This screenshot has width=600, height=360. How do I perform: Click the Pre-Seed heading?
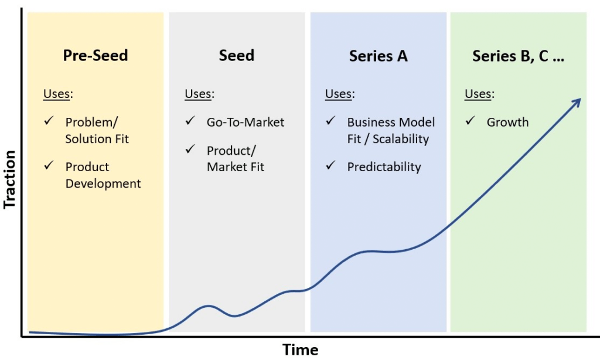pyautogui.click(x=96, y=56)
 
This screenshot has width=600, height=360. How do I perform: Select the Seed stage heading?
pyautogui.click(x=237, y=56)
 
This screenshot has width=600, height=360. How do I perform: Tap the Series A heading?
pyautogui.click(x=378, y=56)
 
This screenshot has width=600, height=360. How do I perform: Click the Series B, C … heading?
pyautogui.click(x=518, y=56)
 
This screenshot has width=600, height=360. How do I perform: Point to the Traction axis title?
pyautogui.click(x=9, y=179)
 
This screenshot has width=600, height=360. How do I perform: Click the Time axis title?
pyautogui.click(x=301, y=350)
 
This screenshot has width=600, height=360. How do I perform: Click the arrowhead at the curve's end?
pyautogui.click(x=577, y=101)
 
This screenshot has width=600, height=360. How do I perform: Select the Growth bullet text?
pyautogui.click(x=507, y=123)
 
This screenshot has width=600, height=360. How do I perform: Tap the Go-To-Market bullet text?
pyautogui.click(x=245, y=123)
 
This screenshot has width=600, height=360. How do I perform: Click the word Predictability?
pyautogui.click(x=384, y=167)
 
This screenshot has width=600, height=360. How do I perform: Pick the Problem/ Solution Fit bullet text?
pyautogui.click(x=97, y=131)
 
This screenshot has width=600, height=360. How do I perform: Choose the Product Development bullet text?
pyautogui.click(x=103, y=175)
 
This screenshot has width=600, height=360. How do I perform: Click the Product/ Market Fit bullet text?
pyautogui.click(x=235, y=159)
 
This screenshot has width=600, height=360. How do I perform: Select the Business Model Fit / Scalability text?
pyautogui.click(x=391, y=131)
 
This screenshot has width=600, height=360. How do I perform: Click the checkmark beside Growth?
pyautogui.click(x=471, y=121)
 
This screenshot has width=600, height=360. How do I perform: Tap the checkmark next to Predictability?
pyautogui.click(x=330, y=166)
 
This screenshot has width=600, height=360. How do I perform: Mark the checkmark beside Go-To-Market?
pyautogui.click(x=190, y=121)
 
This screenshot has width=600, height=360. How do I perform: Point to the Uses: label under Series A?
pyautogui.click(x=340, y=94)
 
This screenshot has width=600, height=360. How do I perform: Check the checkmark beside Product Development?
pyautogui.click(x=49, y=166)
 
